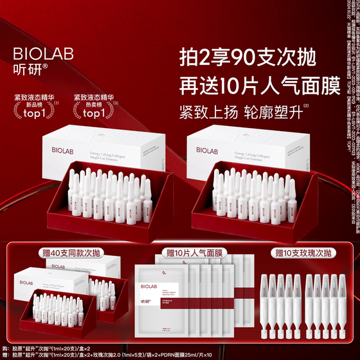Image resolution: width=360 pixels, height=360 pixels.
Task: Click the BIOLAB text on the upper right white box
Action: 208,168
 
